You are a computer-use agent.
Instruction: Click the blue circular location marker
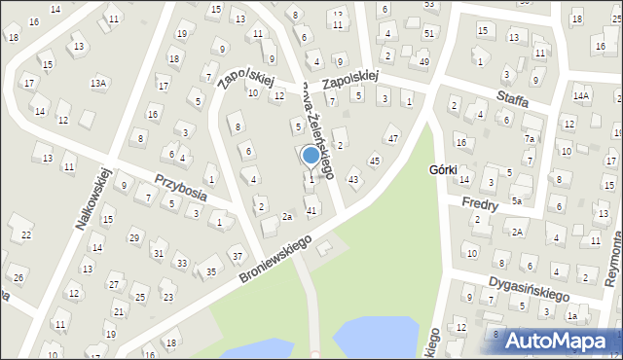click(x=311, y=155)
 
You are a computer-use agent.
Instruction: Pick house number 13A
click(x=98, y=84)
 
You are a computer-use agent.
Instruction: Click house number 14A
click(x=581, y=95)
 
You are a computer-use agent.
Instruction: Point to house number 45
click(x=375, y=161)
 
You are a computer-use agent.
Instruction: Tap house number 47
click(x=393, y=139)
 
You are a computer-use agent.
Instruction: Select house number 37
click(x=237, y=257)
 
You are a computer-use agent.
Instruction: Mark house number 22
click(x=26, y=234)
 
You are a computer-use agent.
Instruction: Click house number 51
click(x=429, y=33)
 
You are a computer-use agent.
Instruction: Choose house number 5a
click(x=518, y=201)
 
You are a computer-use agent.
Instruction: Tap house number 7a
click(x=530, y=139)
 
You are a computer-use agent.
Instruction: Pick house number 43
click(x=353, y=180)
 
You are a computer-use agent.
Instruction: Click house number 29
click(x=134, y=238)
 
